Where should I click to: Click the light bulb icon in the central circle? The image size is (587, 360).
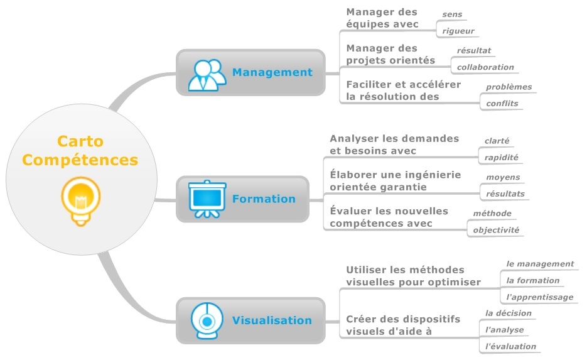80,200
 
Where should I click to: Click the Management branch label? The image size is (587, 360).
272,72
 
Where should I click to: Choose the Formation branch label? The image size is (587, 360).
264,199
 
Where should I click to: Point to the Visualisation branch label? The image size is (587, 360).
272,320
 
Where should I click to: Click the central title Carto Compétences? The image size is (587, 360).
80,151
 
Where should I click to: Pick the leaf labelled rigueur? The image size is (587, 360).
458,30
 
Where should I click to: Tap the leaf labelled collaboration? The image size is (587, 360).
485,67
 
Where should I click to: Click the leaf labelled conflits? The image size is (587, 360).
502,103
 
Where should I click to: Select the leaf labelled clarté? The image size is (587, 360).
497,141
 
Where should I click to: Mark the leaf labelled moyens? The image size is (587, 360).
503,178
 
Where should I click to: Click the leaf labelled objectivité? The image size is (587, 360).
496,230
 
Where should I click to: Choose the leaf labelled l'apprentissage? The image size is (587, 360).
539,297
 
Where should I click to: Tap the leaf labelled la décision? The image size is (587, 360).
508,313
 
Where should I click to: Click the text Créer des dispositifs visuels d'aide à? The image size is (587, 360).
403,325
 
